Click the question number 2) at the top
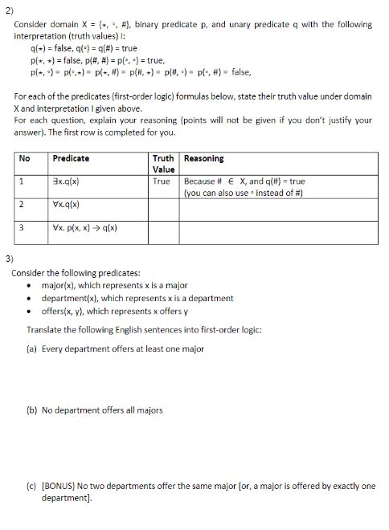pos(10,8)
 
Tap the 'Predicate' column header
pos(73,159)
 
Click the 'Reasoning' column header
pos(204,159)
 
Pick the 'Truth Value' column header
pos(164,164)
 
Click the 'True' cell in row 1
pos(161,181)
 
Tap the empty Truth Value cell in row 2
pos(164,209)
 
